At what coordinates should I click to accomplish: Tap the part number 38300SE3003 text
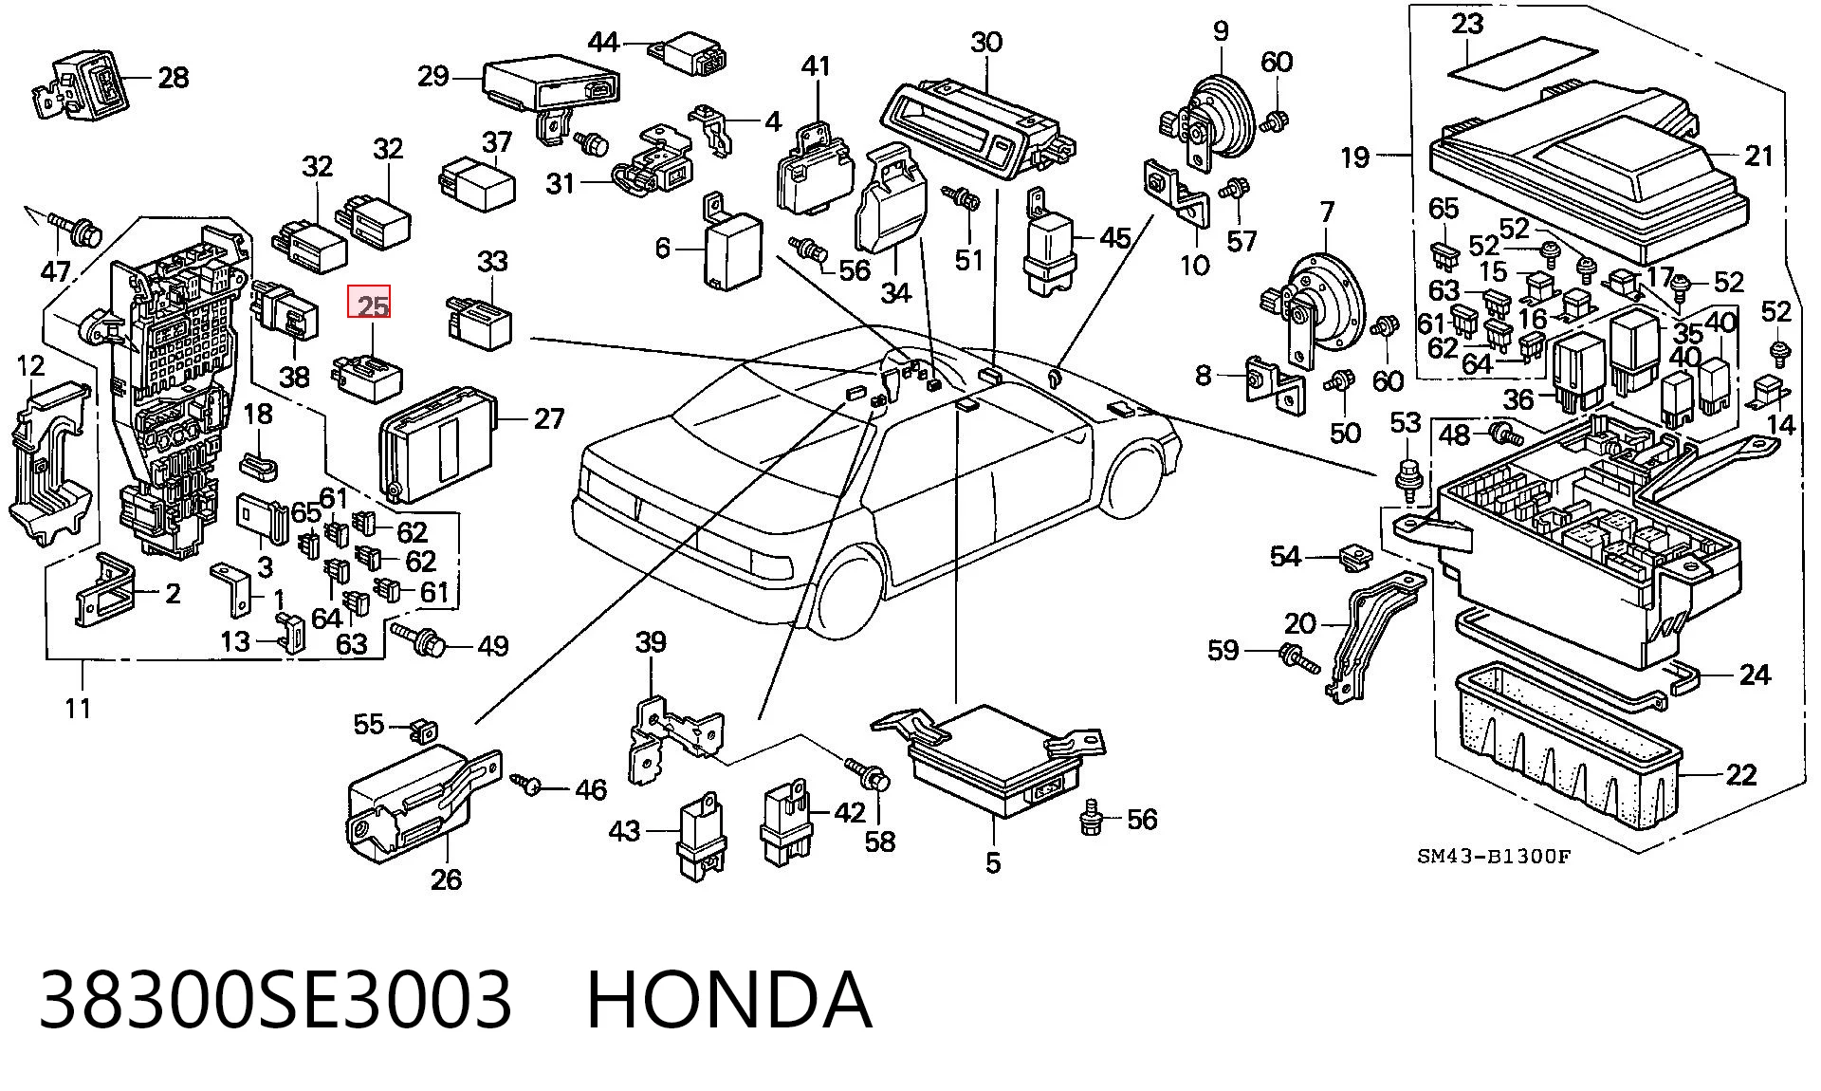(x=275, y=999)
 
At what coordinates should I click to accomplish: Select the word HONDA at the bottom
(x=728, y=999)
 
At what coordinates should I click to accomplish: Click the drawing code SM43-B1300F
(x=1494, y=857)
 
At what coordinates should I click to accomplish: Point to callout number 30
(x=986, y=43)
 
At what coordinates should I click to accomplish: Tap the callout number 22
(x=1740, y=775)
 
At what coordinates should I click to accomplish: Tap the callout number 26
(x=446, y=879)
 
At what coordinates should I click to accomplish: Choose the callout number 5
(x=993, y=863)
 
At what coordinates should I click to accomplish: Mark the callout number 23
(x=1467, y=23)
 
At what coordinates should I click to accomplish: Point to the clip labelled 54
(x=1353, y=560)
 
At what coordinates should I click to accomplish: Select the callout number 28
(x=173, y=77)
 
